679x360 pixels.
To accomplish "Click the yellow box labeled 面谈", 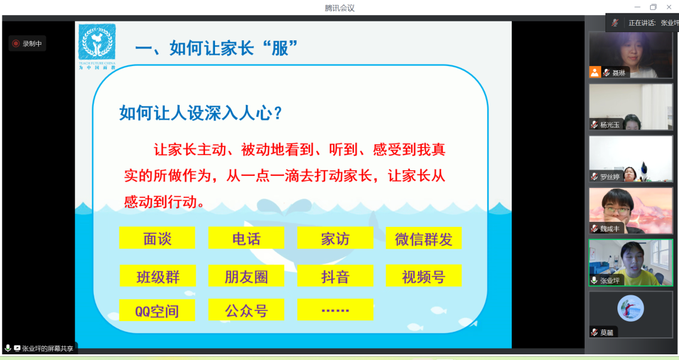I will point(157,238).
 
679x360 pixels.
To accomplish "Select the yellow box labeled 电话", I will point(246,238).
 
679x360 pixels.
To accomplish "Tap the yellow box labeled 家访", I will point(335,238).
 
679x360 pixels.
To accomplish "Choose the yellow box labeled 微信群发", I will point(423,238).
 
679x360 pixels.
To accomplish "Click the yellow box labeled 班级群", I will point(157,276).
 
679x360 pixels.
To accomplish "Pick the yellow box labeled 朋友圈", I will point(246,276).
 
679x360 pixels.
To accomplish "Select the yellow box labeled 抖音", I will point(335,276).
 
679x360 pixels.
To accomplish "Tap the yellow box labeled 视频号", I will point(423,276).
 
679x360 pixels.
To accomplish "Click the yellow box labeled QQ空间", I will point(157,310).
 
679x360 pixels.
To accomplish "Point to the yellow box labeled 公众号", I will point(246,310).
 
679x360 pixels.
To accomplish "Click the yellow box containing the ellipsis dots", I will point(335,310).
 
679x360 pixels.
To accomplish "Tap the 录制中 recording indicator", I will point(27,44).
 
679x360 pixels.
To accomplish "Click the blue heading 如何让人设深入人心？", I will point(201,113).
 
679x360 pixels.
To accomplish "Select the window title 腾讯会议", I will point(339,8).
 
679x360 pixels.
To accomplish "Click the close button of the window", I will point(670,7).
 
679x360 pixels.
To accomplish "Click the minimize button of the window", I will point(636,7).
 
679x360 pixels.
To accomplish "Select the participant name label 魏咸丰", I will point(609,229).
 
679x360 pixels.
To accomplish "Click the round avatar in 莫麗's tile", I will point(630,308).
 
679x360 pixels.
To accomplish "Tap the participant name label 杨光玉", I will point(609,124).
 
